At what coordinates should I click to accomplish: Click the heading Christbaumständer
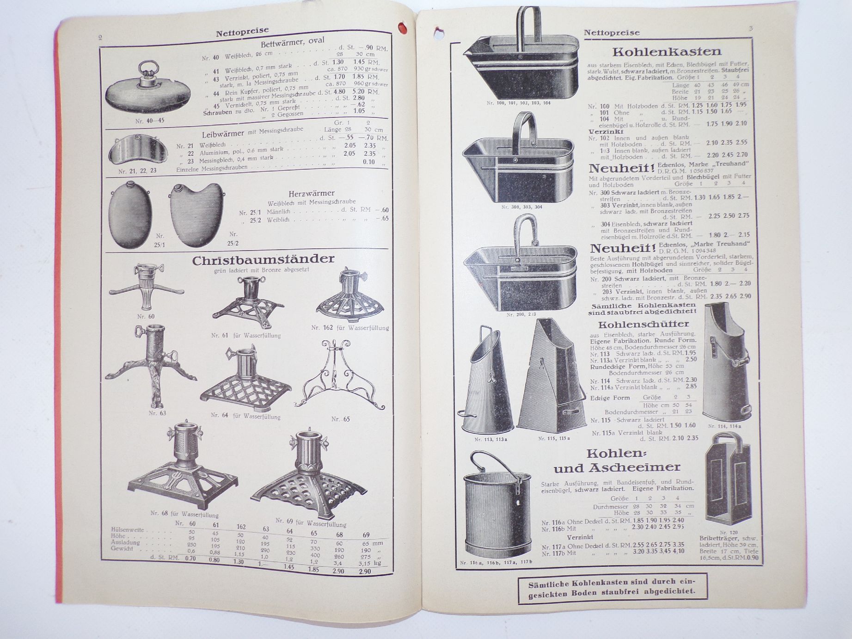click(x=263, y=260)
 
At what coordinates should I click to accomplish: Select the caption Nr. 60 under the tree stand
click(x=146, y=317)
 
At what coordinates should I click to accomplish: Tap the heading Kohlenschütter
click(x=643, y=324)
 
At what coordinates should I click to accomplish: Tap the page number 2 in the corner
click(x=100, y=37)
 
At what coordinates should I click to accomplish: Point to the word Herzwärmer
click(x=311, y=193)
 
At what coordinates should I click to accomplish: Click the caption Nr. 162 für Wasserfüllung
click(x=350, y=328)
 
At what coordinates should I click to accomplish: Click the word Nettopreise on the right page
click(x=612, y=32)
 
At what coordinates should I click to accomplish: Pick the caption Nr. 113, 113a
click(x=490, y=439)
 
